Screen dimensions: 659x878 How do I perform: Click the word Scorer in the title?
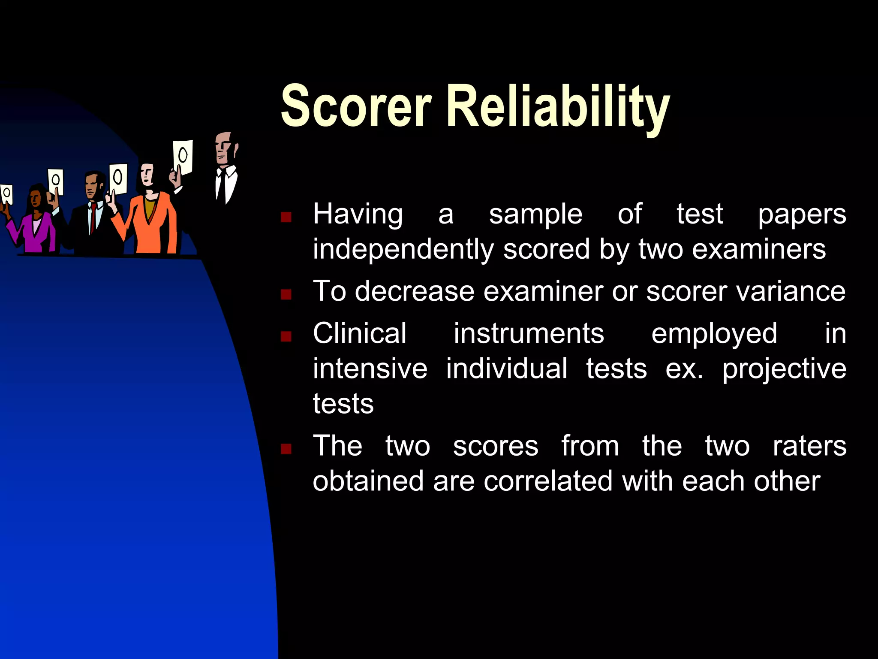[x=356, y=106]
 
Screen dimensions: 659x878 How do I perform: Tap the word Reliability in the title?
[x=558, y=107]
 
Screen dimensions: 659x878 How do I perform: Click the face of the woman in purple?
[x=36, y=200]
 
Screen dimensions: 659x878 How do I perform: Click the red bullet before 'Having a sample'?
[x=286, y=217]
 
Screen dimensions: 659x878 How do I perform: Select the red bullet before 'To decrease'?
[x=286, y=294]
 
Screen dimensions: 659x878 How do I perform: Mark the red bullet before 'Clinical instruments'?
[x=286, y=336]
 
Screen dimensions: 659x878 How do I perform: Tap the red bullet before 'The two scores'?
[x=286, y=449]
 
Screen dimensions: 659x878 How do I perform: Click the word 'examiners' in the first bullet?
[x=759, y=249]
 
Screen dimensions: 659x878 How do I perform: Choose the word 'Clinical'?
[x=360, y=333]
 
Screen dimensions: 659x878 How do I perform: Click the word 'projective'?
[x=784, y=369]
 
